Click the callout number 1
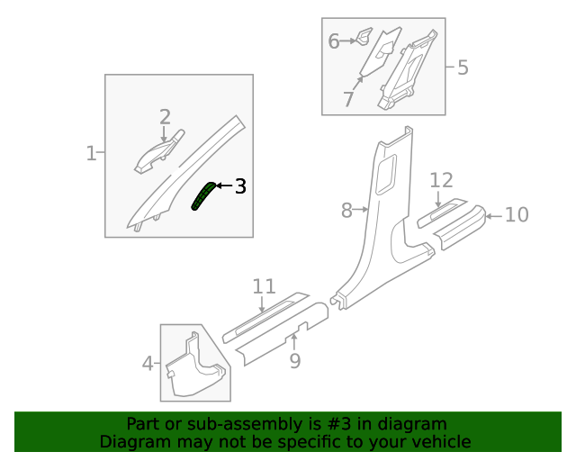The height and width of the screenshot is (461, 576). tap(91, 154)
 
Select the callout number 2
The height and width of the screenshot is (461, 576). tap(165, 116)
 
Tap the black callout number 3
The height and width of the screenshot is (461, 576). tap(240, 186)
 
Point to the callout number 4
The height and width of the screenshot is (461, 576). tap(148, 364)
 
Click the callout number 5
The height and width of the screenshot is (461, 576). tap(463, 67)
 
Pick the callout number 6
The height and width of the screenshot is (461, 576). tap(333, 41)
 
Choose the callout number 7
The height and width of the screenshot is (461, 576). tap(348, 99)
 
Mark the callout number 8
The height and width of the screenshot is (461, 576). tap(347, 211)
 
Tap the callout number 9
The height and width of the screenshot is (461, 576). tap(294, 361)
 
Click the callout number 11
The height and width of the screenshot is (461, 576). tap(264, 286)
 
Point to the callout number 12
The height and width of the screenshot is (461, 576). tap(441, 180)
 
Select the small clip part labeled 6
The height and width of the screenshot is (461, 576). tap(363, 37)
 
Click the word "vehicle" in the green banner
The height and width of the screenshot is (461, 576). tap(439, 441)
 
